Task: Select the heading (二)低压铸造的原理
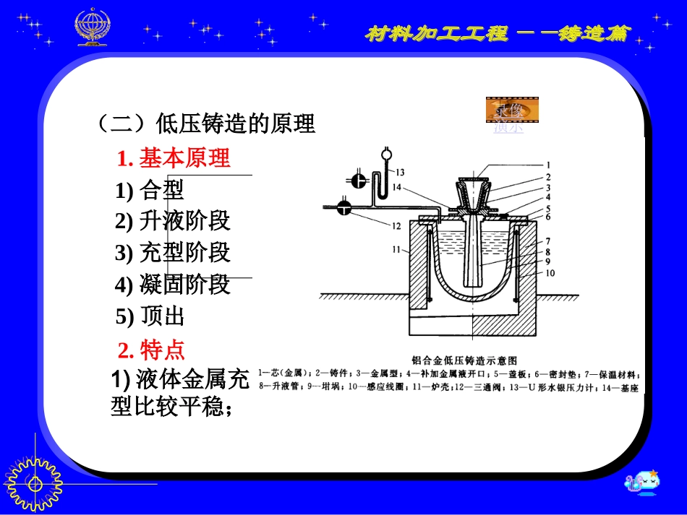205,124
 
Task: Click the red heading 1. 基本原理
174,157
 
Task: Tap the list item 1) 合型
150,190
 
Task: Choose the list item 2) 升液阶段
172,221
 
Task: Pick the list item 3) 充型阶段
172,253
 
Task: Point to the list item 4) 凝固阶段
172,285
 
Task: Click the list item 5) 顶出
150,316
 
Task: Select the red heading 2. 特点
152,350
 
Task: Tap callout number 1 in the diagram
548,164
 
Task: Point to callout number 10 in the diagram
551,274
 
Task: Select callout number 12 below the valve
396,225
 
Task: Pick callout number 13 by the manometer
399,172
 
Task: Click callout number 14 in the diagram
396,187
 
